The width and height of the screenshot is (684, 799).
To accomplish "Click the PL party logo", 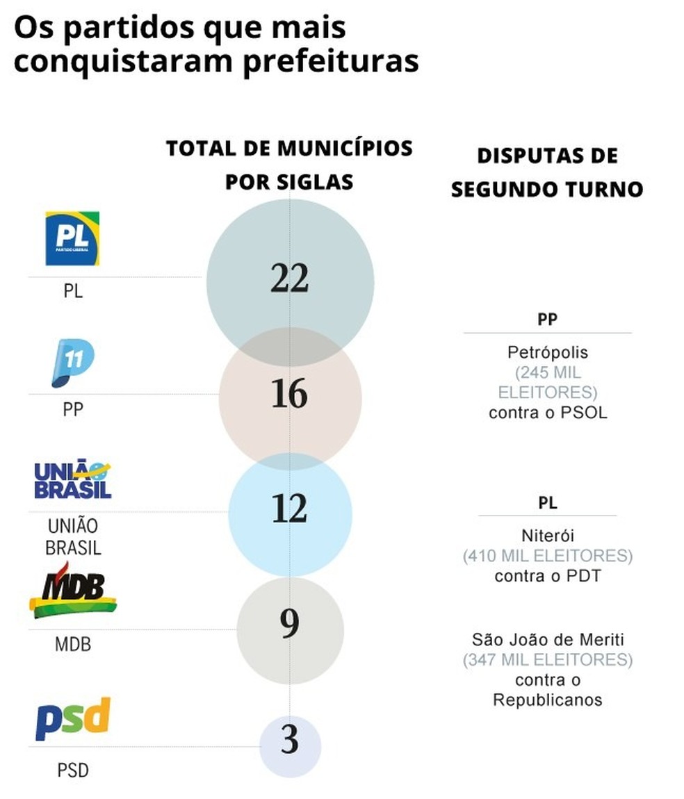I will (x=72, y=238).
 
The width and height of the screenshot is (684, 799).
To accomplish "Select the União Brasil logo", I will (x=73, y=479).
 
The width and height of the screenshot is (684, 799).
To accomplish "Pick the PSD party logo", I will (x=73, y=719).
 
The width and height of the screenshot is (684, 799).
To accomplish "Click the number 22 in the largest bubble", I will (x=290, y=279).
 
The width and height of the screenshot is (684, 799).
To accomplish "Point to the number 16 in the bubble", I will (x=290, y=395).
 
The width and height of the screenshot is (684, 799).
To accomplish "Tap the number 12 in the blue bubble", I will (x=290, y=510).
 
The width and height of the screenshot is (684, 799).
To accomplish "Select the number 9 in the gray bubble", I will (x=290, y=625).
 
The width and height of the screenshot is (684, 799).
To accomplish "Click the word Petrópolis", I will (x=547, y=352).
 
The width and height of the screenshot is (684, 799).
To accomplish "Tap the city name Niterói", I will (x=547, y=536).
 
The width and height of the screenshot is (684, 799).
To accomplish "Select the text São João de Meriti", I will (x=547, y=639).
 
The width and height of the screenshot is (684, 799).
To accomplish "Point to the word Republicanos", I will (x=547, y=700).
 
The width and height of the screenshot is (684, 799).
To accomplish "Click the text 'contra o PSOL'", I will (x=547, y=413).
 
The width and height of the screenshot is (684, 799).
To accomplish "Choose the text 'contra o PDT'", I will (x=547, y=576).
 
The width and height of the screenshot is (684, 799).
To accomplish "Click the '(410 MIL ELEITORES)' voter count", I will (x=547, y=556).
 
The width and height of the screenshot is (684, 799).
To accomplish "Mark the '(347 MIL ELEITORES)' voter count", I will (x=547, y=659).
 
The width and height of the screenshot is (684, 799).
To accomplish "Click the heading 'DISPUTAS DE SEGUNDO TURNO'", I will (x=547, y=172).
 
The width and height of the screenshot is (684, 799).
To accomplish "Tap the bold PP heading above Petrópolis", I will (x=547, y=319).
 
